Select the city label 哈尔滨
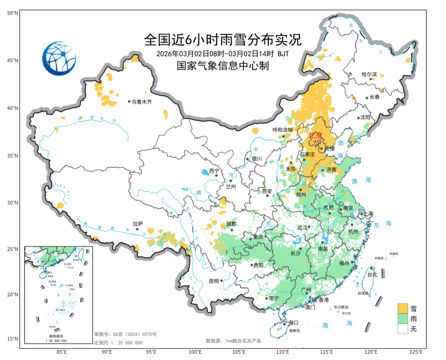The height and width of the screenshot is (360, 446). (x=369, y=74)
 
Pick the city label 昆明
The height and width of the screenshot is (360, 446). (x=214, y=281)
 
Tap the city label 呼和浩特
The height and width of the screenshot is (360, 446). (x=282, y=130)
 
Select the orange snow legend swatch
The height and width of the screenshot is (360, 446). (x=404, y=308)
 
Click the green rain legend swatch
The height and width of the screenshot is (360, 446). (x=404, y=319)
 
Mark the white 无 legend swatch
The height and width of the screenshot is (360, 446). (x=404, y=329)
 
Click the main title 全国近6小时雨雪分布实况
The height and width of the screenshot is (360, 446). (x=223, y=40)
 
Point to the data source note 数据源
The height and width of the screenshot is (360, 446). (x=233, y=341)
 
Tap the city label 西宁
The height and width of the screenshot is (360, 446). (x=214, y=171)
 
